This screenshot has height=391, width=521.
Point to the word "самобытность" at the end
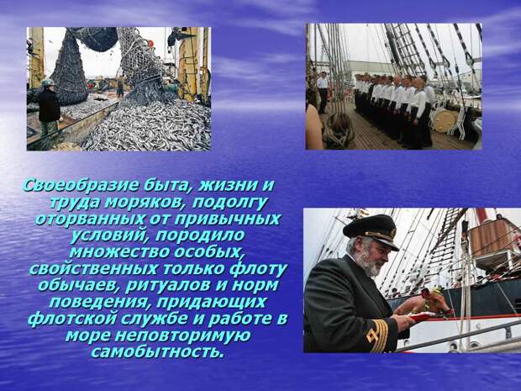coord(158,351)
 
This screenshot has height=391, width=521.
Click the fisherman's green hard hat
coord(48,82)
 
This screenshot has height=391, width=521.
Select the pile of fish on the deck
coord(160,126)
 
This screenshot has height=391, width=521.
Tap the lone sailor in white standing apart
coord(322,91)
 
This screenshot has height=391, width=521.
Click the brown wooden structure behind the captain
coord(492,236)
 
